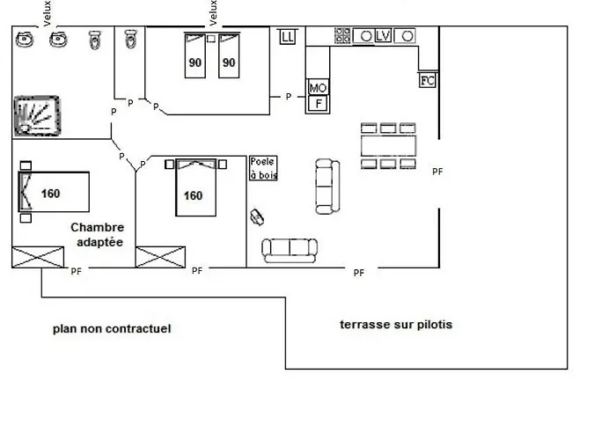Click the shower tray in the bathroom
pyautogui.click(x=37, y=116)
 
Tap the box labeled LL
pyautogui.click(x=287, y=37)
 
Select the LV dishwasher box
pyautogui.click(x=383, y=36)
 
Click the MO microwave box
pyautogui.click(x=318, y=87)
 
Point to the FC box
pyautogui.click(x=427, y=81)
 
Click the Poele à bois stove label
pyautogui.click(x=263, y=168)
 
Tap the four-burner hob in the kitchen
pyautogui.click(x=342, y=35)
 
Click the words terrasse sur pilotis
pyautogui.click(x=396, y=325)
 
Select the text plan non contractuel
pyautogui.click(x=112, y=328)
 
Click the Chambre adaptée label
pyautogui.click(x=98, y=235)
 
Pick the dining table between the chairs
pyautogui.click(x=388, y=146)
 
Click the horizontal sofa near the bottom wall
pyautogui.click(x=290, y=250)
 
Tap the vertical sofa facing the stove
pyautogui.click(x=327, y=187)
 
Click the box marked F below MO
pyautogui.click(x=319, y=104)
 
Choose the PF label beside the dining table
pyautogui.click(x=437, y=172)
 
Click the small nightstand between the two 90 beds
pyautogui.click(x=211, y=39)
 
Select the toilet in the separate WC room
pyautogui.click(x=130, y=39)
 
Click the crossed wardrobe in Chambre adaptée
pyautogui.click(x=38, y=257)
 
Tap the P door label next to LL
pyautogui.click(x=289, y=96)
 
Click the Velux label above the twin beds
pyautogui.click(x=213, y=13)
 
